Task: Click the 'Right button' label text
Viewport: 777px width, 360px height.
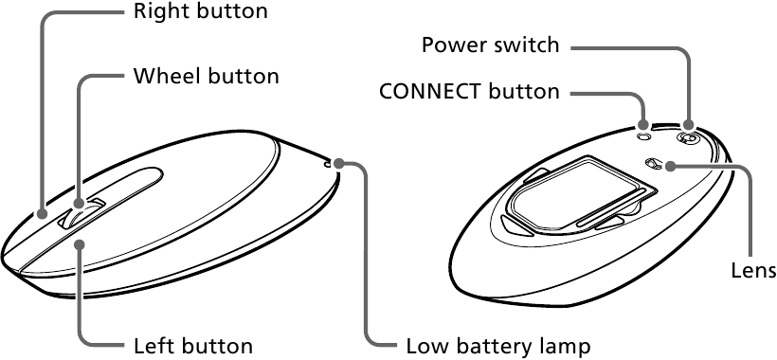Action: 201,10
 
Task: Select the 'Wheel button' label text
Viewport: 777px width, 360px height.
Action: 207,76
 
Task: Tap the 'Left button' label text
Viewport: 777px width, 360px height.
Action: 193,346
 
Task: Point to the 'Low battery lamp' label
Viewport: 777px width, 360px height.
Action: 498,346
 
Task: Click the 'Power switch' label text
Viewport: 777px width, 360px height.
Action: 491,45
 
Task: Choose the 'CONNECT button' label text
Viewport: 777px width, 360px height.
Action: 469,92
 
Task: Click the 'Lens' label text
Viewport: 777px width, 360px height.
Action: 753,270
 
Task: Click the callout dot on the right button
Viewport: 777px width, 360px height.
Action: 42,214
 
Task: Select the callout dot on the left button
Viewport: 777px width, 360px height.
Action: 81,243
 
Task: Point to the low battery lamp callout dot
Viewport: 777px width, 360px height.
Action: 338,163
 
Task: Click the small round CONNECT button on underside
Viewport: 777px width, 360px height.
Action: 643,135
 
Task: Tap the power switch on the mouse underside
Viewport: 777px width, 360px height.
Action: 687,138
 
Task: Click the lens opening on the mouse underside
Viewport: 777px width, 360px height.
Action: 654,163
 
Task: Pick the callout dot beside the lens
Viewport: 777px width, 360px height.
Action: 670,167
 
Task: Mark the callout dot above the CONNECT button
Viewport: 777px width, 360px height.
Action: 643,124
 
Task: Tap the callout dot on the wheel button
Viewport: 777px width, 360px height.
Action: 79,204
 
